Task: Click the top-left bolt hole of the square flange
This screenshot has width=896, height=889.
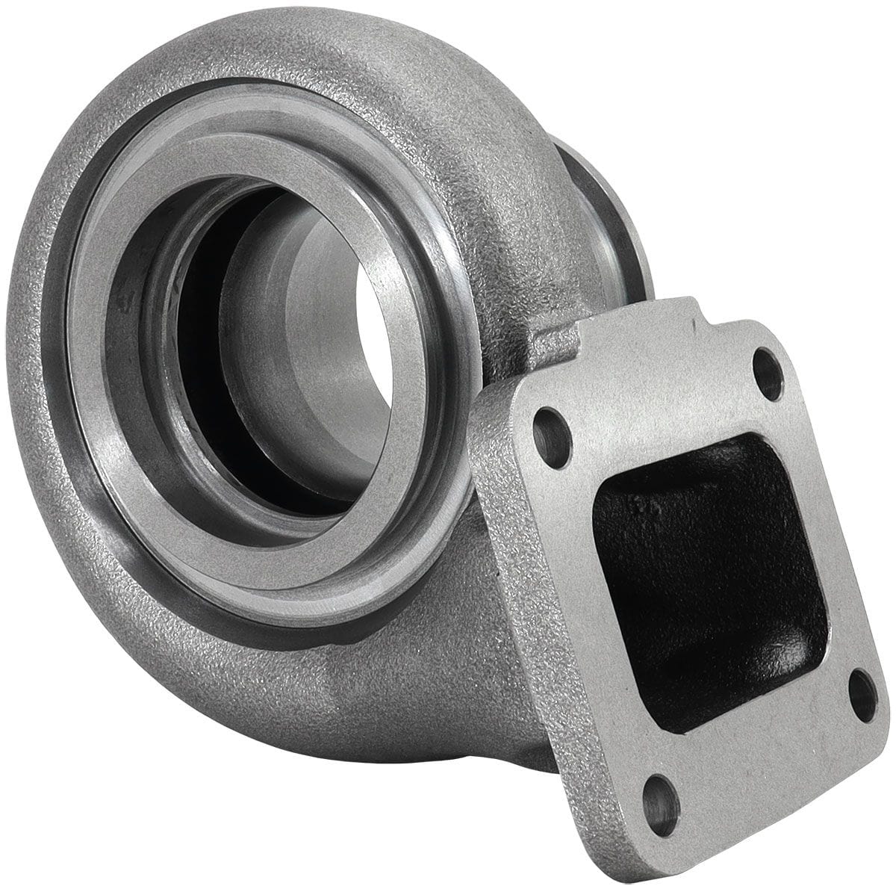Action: (551, 428)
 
